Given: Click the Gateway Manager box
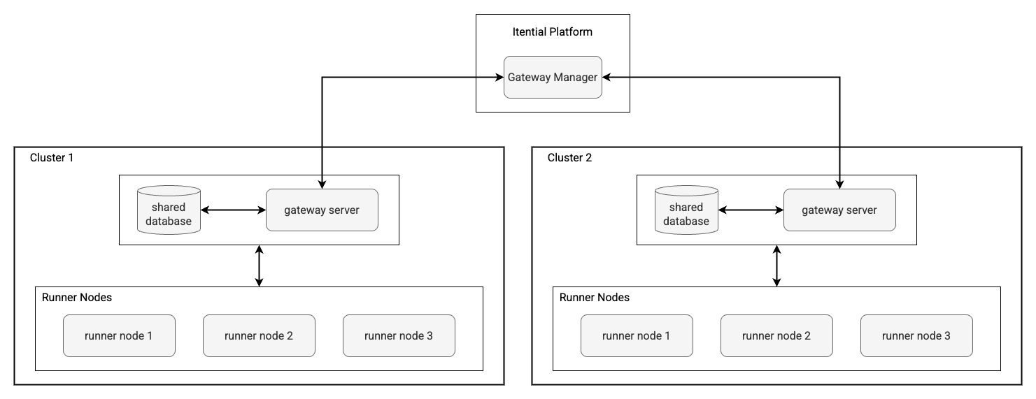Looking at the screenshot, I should (x=553, y=77).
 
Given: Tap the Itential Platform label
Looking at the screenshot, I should (x=553, y=32).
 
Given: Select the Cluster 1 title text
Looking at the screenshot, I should (x=52, y=158).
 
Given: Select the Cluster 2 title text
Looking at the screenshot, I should (x=569, y=158).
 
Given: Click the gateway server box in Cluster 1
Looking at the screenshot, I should (x=322, y=210).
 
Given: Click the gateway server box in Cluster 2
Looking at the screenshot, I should (x=839, y=210).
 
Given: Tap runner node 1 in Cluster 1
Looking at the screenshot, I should (x=119, y=335).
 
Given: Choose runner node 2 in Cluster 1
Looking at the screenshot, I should (x=259, y=335).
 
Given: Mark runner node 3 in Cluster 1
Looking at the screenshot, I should (x=399, y=335).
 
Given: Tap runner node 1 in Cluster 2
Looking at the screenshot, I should (x=637, y=335).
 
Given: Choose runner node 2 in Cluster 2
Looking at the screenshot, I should (x=776, y=335).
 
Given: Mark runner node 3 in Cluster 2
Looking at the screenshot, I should (x=916, y=335).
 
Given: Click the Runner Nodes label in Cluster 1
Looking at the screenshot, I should (x=77, y=298).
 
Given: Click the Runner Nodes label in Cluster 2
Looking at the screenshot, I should (x=595, y=298).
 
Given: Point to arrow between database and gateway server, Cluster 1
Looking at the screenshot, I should (x=233, y=210).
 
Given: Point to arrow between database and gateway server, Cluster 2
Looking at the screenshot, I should (x=751, y=210).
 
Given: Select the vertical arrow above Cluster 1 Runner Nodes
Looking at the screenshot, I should (x=260, y=266).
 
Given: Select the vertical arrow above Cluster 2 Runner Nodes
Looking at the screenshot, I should (x=776, y=266).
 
